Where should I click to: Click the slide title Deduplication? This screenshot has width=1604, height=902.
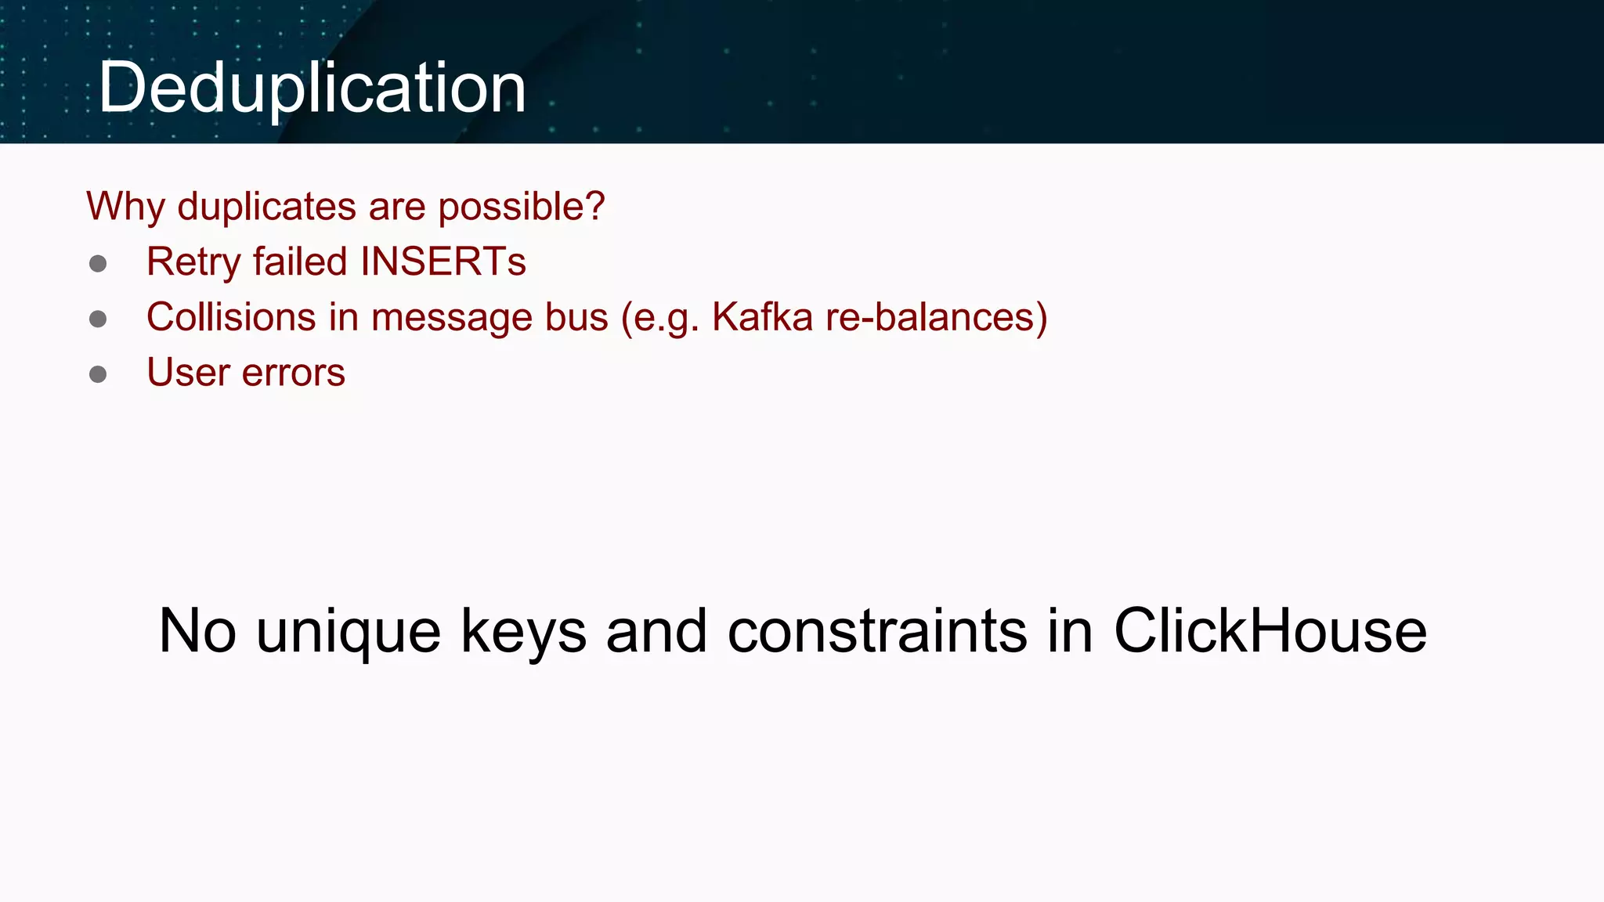(x=312, y=88)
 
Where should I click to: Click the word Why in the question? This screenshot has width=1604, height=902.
(x=125, y=207)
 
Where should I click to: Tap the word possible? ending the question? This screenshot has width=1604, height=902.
(x=521, y=207)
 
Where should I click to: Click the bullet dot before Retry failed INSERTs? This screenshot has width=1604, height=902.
(x=98, y=263)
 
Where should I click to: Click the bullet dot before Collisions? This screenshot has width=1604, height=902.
(x=98, y=319)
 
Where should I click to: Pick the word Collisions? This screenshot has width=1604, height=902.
(x=231, y=317)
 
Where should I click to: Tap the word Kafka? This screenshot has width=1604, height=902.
(x=762, y=317)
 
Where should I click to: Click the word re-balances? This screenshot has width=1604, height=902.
(x=931, y=317)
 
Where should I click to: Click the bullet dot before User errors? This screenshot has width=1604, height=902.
(x=98, y=374)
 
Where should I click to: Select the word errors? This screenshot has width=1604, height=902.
(x=294, y=373)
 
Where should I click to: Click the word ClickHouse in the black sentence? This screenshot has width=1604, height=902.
(x=1270, y=631)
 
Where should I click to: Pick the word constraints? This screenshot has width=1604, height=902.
(x=877, y=631)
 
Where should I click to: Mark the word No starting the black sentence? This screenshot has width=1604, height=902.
(x=197, y=631)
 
